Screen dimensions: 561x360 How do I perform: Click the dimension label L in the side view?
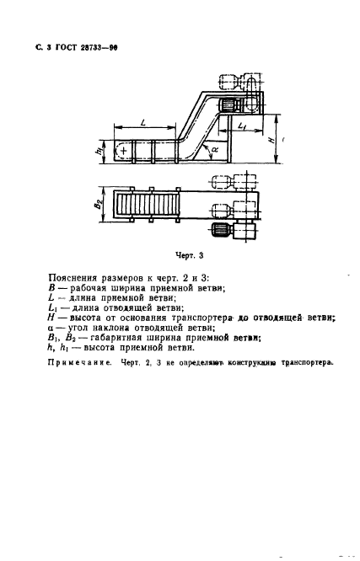click(x=143, y=123)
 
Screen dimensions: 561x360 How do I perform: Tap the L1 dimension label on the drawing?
click(x=243, y=126)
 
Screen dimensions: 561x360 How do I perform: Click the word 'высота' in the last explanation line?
click(x=138, y=373)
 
